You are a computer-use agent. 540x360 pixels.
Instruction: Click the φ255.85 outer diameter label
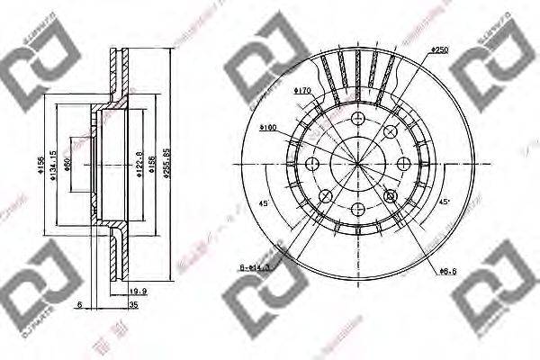166,163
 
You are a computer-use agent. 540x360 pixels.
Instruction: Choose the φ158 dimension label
150,164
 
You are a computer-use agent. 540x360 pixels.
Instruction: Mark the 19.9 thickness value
139,291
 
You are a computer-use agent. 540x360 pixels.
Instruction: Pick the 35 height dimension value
133,307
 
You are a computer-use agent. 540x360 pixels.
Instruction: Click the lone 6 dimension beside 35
80,307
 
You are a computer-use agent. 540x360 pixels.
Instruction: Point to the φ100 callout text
267,128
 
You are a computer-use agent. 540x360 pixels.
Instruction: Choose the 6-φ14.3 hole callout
256,267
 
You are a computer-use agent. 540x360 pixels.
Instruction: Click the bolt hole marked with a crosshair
391,195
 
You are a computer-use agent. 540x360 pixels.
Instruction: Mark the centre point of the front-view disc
356,164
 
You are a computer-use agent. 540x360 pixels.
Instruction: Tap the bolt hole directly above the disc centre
356,119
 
